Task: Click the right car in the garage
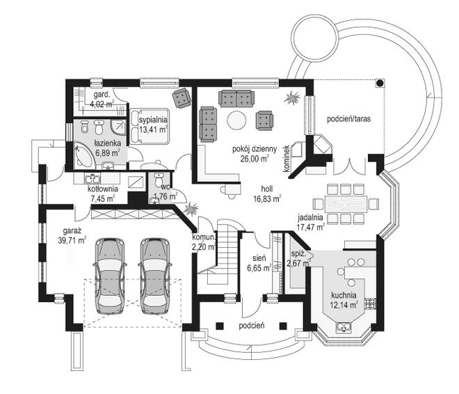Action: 154,274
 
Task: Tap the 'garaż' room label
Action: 72,230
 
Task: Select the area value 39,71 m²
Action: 72,240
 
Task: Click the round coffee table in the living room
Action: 238,120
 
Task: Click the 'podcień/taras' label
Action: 348,118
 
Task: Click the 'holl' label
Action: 266,188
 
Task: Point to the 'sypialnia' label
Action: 153,119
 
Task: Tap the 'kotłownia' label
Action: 102,189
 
